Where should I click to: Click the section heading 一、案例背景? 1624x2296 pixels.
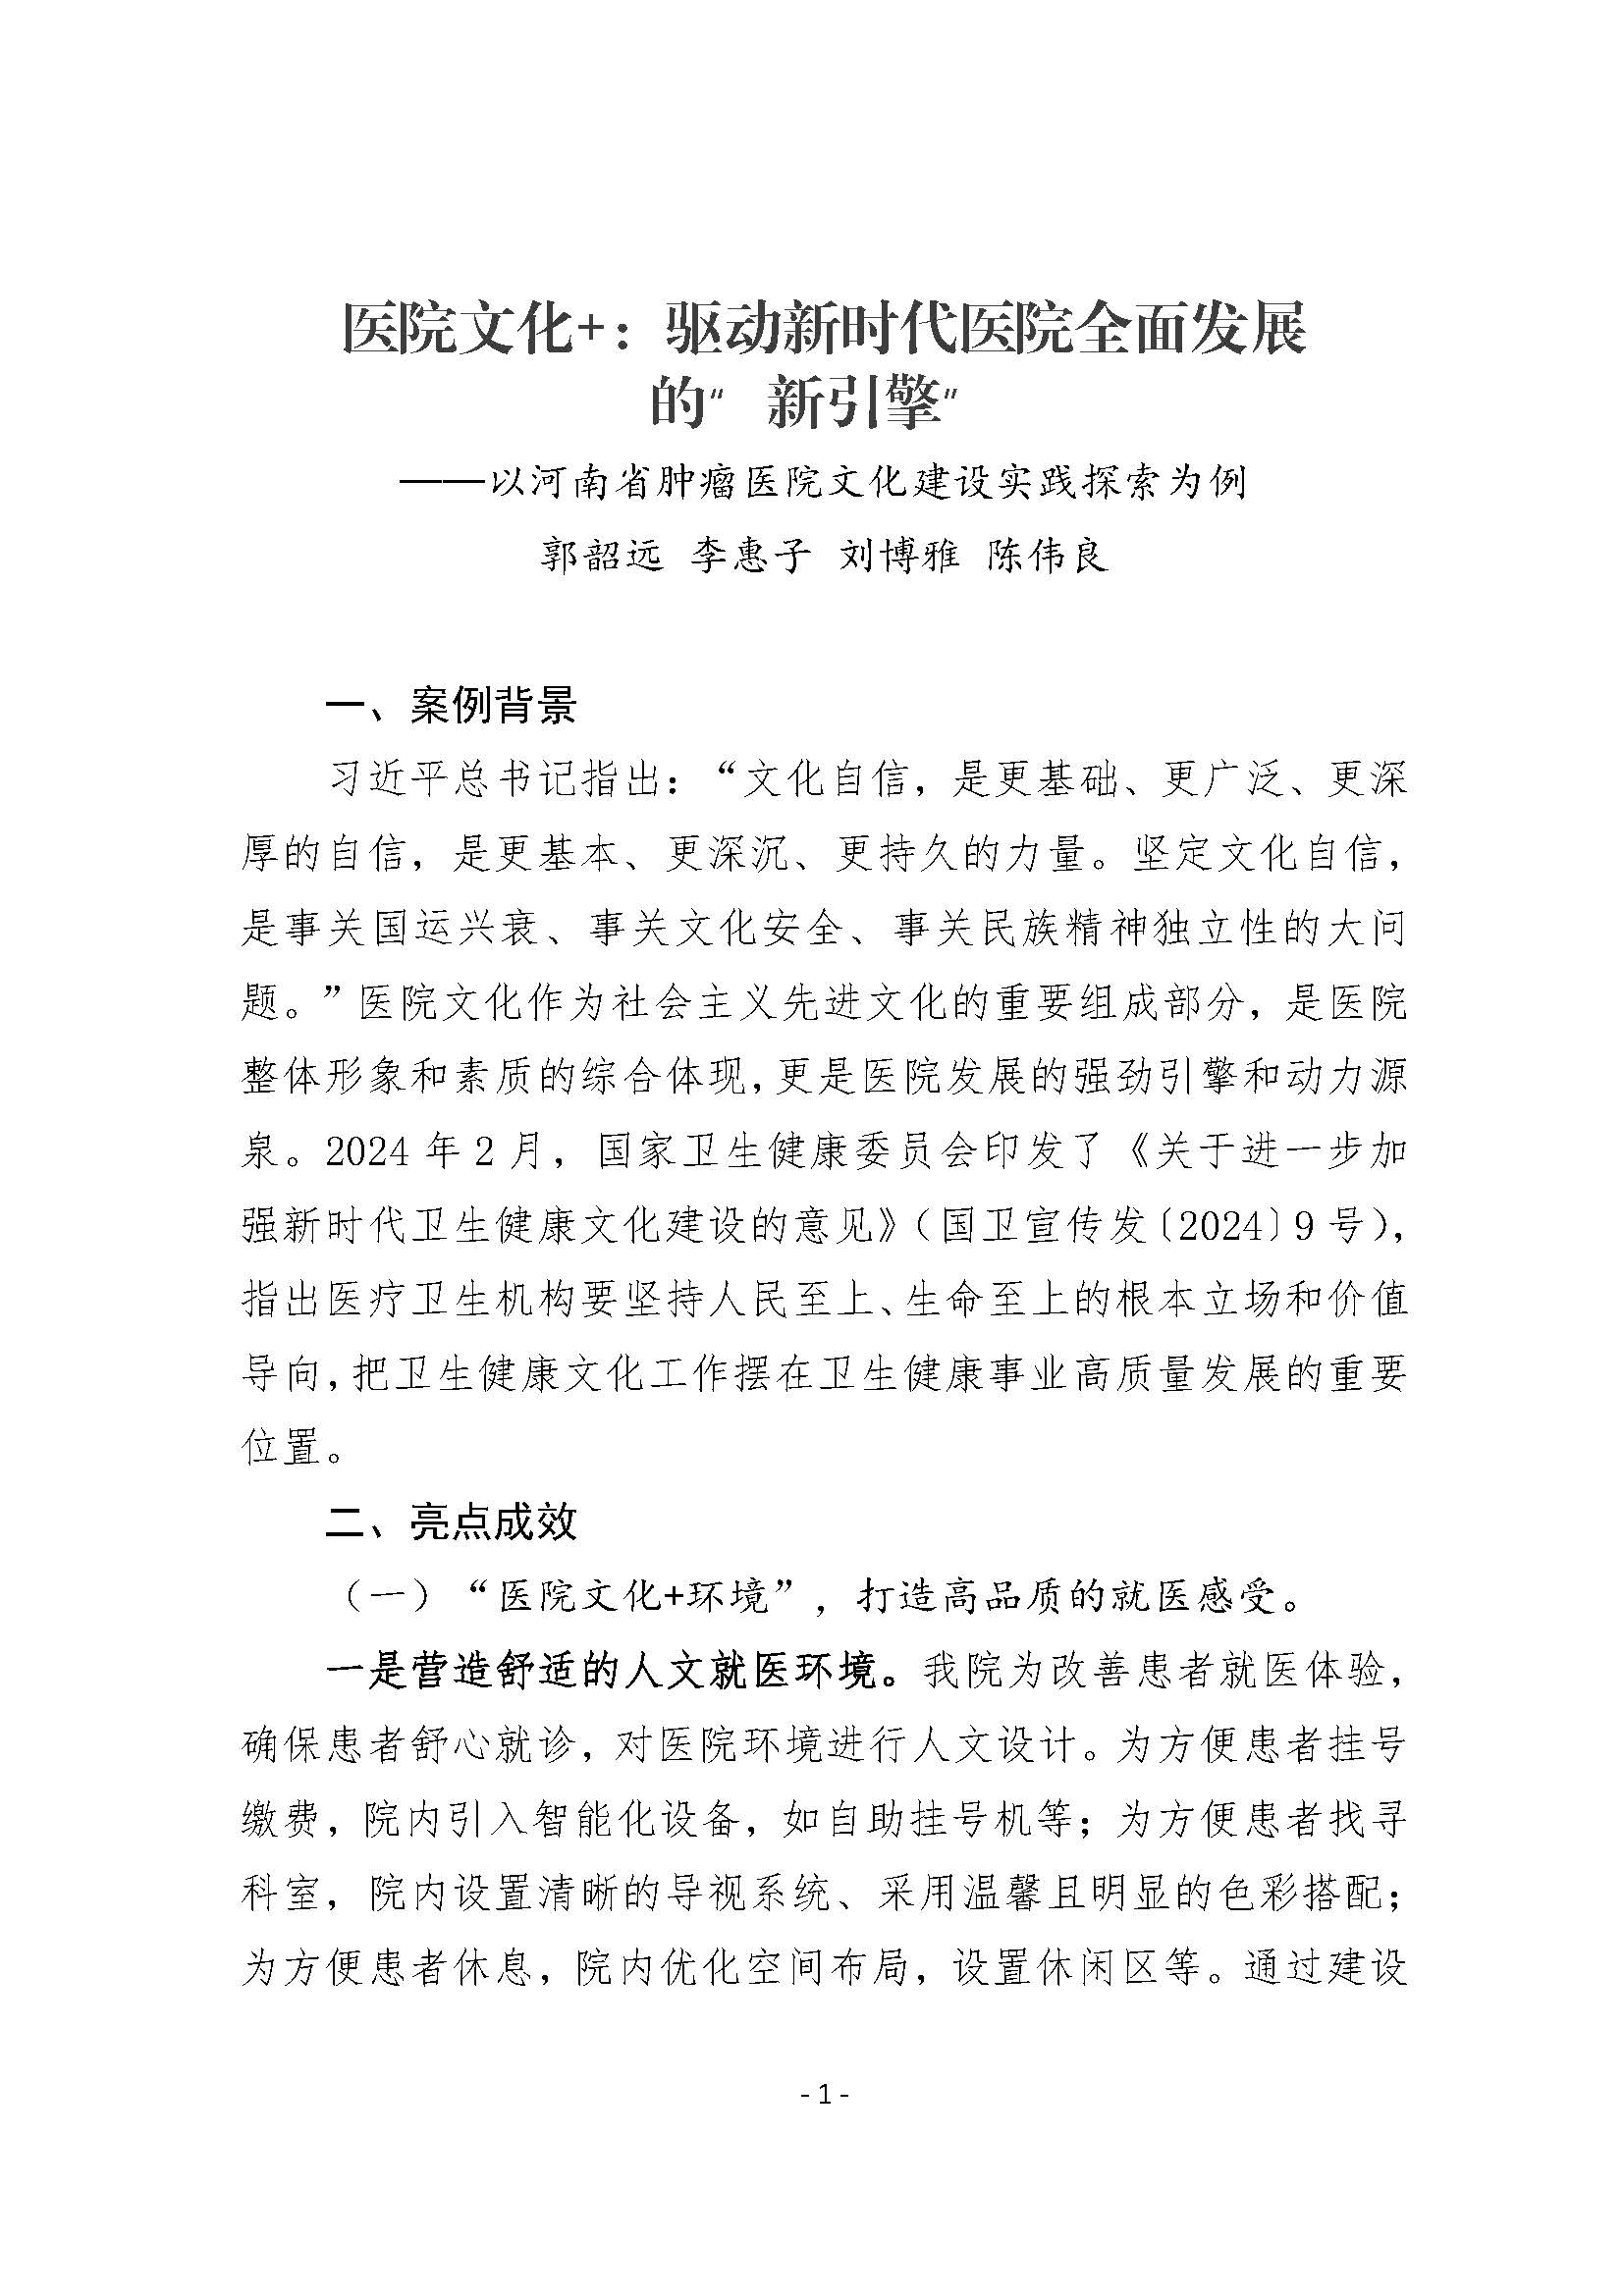(x=452, y=706)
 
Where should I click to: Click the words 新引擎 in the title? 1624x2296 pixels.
(x=855, y=405)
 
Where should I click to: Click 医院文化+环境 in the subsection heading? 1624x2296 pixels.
(x=633, y=1597)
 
